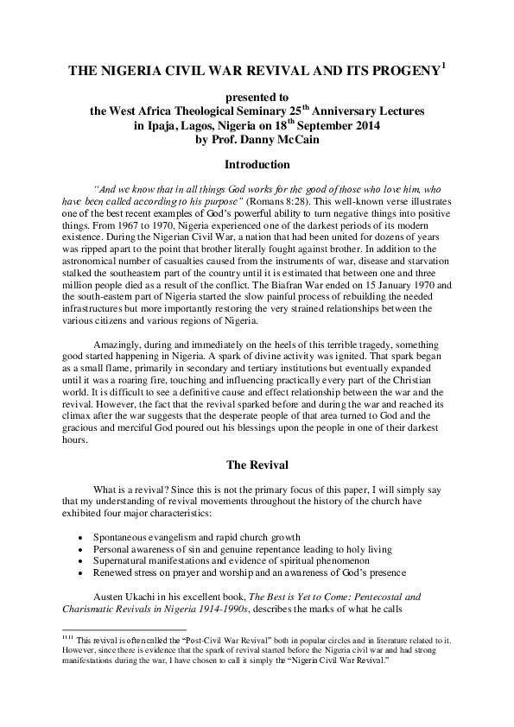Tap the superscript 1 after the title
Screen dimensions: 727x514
click(443, 65)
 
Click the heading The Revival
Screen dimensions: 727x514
click(257, 471)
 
